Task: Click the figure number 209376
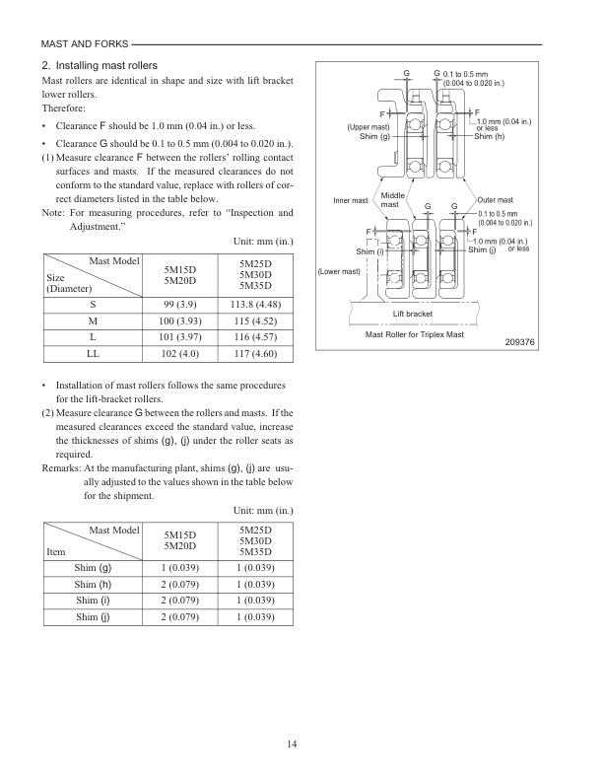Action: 519,342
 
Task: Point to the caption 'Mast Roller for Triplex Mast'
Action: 420,334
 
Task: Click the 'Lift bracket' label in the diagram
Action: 413,314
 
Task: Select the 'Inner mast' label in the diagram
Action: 350,200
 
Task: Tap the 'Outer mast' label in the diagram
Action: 495,200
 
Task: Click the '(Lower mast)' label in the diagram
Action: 338,271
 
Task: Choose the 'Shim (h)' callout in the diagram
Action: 490,136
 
